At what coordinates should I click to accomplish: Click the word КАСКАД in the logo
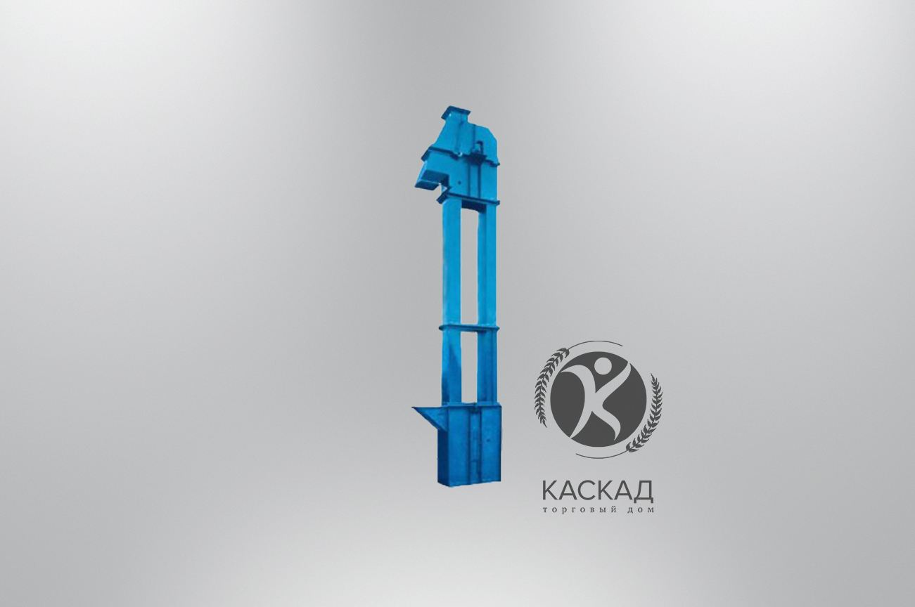[598, 492]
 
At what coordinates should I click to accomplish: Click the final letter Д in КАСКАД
[644, 492]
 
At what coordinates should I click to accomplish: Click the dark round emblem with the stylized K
[599, 402]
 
